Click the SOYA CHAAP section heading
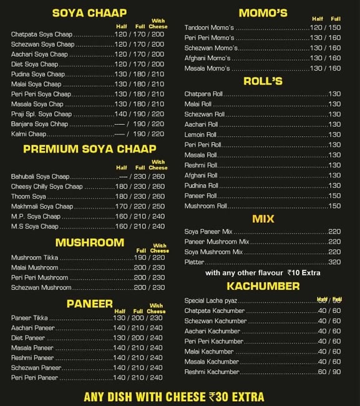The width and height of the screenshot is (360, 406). pyautogui.click(x=89, y=13)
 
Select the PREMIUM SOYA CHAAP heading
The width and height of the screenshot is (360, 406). pyautogui.click(x=89, y=149)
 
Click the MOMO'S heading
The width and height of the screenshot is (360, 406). pyautogui.click(x=263, y=13)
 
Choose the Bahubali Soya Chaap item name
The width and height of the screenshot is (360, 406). pyautogui.click(x=40, y=177)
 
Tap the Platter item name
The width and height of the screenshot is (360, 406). pyautogui.click(x=194, y=262)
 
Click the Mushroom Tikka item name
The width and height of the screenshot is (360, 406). pyautogui.click(x=35, y=257)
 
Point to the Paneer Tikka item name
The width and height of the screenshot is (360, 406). pyautogui.click(x=29, y=318)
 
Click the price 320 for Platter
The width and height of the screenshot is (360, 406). pyautogui.click(x=334, y=262)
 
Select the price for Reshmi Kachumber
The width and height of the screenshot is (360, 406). pyautogui.click(x=329, y=372)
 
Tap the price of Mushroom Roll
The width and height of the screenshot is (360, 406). pyautogui.click(x=334, y=205)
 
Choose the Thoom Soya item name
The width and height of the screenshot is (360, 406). pyautogui.click(x=29, y=197)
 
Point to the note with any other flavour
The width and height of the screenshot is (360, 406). pyautogui.click(x=263, y=274)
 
